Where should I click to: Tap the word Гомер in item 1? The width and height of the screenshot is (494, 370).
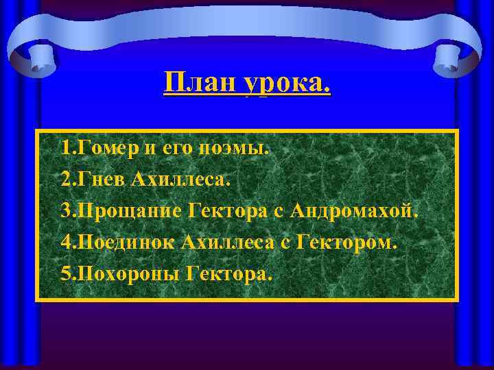point(104,147)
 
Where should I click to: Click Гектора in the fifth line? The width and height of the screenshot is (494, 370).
point(228,274)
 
